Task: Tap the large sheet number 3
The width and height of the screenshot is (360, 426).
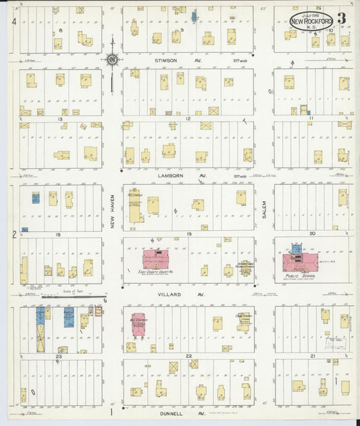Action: [342, 18]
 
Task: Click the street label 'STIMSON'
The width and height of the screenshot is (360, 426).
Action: [165, 60]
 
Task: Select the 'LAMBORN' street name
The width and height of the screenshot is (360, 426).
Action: [170, 175]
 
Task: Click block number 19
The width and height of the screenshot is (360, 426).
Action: [188, 234]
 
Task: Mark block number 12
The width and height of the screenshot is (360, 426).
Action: [188, 119]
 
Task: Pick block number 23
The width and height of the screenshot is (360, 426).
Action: [59, 355]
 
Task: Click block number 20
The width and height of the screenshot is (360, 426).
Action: [312, 234]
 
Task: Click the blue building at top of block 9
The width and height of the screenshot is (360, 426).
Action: [195, 16]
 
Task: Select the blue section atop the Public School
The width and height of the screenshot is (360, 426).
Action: [297, 249]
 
